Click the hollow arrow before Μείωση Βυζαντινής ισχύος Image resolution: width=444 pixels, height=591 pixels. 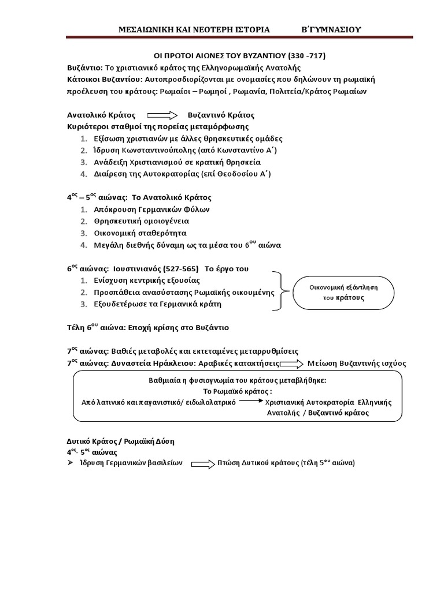[x=292, y=364]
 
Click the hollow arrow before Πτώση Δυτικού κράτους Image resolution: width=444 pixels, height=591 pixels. [x=202, y=463]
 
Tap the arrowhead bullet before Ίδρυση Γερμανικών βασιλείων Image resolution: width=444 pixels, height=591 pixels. [x=71, y=463]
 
